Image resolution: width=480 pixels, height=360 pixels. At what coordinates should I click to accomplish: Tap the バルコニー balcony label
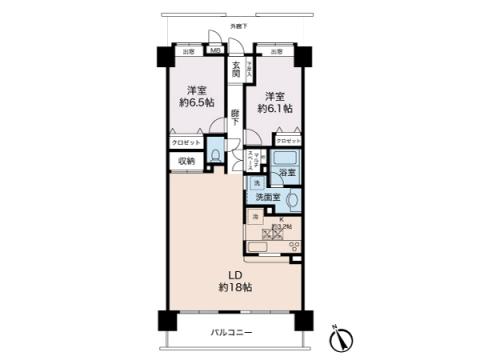(231, 332)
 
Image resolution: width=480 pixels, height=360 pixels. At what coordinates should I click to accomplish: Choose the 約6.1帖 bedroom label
(276, 103)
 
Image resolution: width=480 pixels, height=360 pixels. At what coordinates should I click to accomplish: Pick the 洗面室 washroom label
(265, 198)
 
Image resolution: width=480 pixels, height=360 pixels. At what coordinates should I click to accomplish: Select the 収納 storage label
(186, 160)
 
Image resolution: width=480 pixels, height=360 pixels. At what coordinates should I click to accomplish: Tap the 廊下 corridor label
(234, 116)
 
